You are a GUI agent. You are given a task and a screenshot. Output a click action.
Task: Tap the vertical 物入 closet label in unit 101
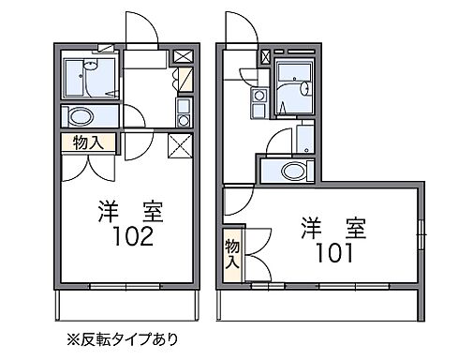[231, 255]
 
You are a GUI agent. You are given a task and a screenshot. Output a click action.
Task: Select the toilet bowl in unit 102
[81, 116]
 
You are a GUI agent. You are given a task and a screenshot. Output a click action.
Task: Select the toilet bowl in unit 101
[294, 172]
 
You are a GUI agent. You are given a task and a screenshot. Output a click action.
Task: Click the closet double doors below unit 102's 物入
[90, 166]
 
